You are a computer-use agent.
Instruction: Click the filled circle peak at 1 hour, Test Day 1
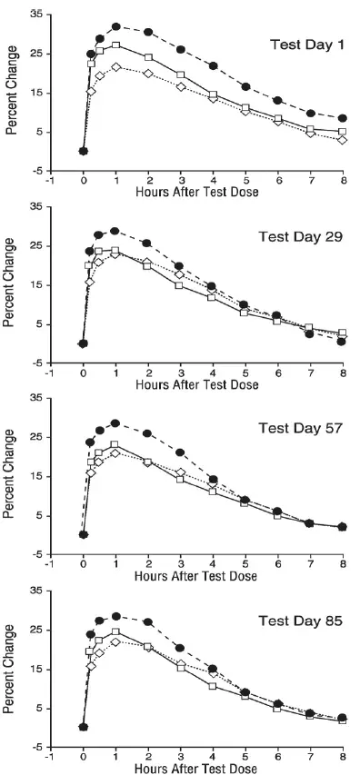[x=116, y=27]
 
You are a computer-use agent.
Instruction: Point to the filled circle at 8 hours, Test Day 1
[x=342, y=119]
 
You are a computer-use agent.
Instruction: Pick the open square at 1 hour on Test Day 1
[x=116, y=45]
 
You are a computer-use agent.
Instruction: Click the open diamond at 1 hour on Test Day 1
[x=116, y=67]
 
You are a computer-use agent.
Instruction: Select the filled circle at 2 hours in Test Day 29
[x=147, y=243]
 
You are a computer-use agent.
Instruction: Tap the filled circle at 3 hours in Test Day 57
[x=180, y=452]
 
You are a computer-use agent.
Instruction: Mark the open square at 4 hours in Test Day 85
[x=213, y=686]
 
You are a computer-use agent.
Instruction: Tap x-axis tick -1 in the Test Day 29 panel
[x=52, y=373]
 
